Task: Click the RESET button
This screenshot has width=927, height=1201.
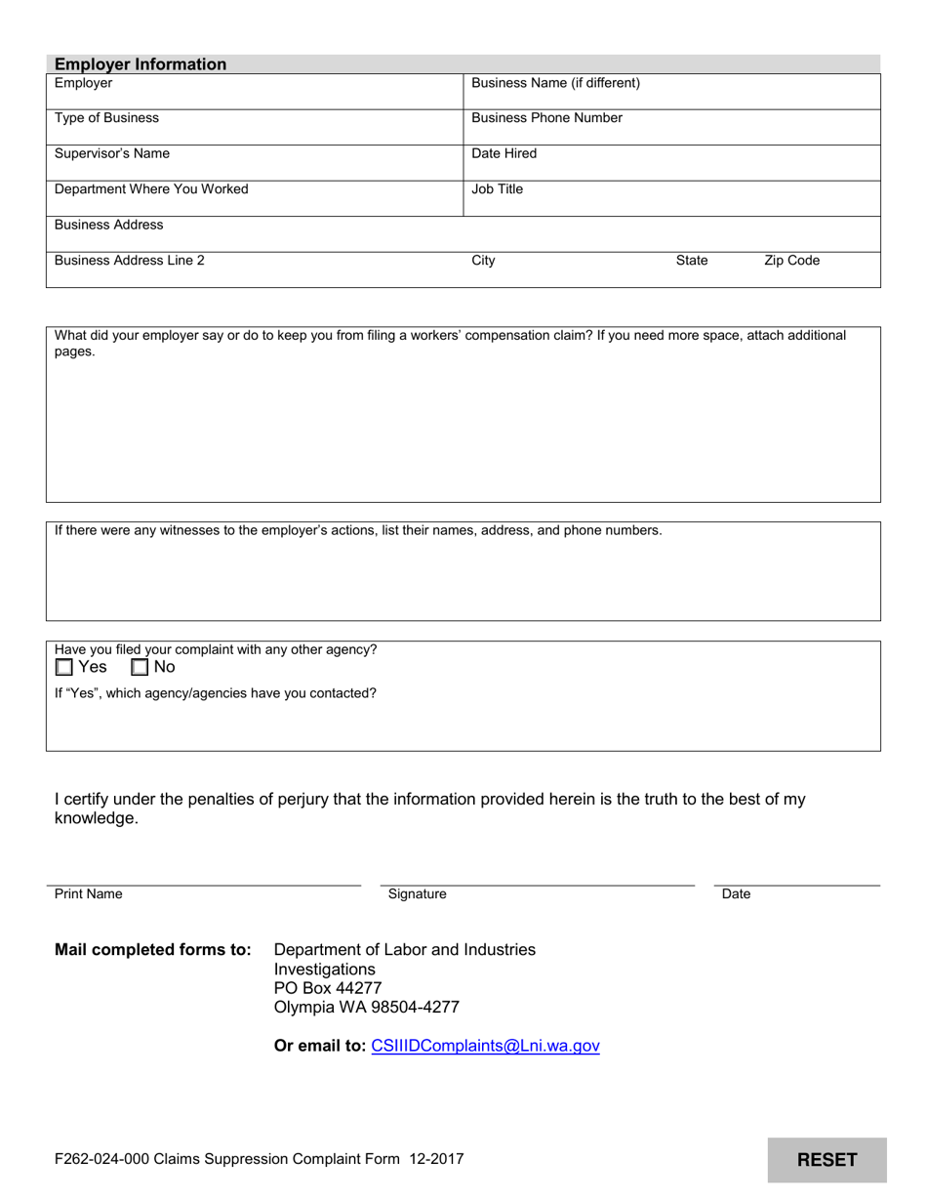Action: pyautogui.click(x=826, y=1160)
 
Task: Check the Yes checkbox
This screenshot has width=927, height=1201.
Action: pyautogui.click(x=64, y=668)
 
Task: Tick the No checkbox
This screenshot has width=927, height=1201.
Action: pyautogui.click(x=140, y=668)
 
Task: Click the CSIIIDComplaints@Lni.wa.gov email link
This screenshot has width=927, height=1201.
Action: pyautogui.click(x=485, y=1047)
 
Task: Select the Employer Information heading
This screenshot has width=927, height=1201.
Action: pyautogui.click(x=141, y=64)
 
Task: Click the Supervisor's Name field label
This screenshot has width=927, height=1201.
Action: pyautogui.click(x=112, y=154)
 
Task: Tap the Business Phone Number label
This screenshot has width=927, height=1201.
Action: pyautogui.click(x=546, y=118)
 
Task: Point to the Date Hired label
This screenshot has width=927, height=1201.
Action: pyautogui.click(x=504, y=154)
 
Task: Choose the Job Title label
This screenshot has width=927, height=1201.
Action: pyautogui.click(x=497, y=189)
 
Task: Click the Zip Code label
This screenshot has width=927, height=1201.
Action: pyautogui.click(x=791, y=261)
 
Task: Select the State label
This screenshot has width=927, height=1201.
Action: pyautogui.click(x=692, y=261)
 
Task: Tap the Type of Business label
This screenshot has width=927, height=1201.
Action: pyautogui.click(x=106, y=118)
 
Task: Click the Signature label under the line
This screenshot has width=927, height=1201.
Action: pyautogui.click(x=417, y=894)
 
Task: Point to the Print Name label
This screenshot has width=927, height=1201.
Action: pyautogui.click(x=89, y=894)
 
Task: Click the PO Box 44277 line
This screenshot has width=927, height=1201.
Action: pyautogui.click(x=328, y=988)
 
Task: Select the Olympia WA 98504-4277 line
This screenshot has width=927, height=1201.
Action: pyautogui.click(x=366, y=1008)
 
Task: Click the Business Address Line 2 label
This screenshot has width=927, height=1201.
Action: pyautogui.click(x=130, y=261)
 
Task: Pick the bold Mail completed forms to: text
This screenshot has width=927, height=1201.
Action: pyautogui.click(x=153, y=950)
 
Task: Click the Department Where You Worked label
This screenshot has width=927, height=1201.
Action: pyautogui.click(x=151, y=189)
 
